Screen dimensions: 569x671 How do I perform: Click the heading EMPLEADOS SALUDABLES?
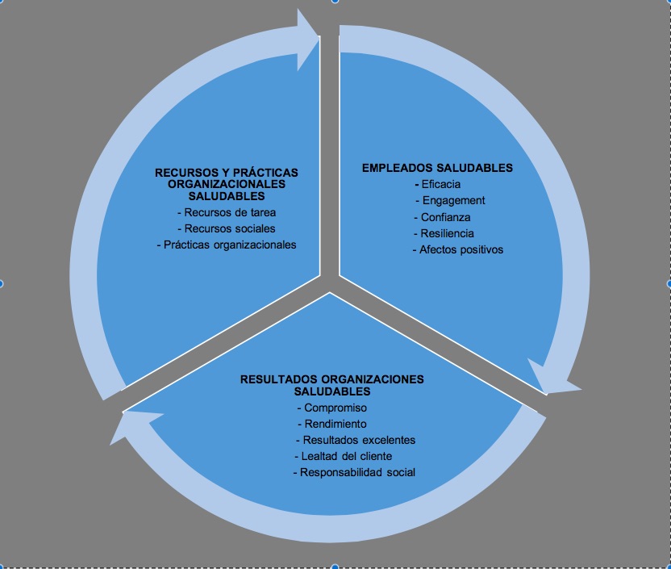pyautogui.click(x=437, y=168)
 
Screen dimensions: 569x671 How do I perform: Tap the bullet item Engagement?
pyautogui.click(x=450, y=200)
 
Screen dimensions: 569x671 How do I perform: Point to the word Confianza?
pyautogui.click(x=446, y=217)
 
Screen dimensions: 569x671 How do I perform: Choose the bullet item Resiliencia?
pyautogui.click(x=448, y=233)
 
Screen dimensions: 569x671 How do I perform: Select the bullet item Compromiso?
pyautogui.click(x=335, y=408)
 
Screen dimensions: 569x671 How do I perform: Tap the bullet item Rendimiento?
pyautogui.click(x=335, y=424)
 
